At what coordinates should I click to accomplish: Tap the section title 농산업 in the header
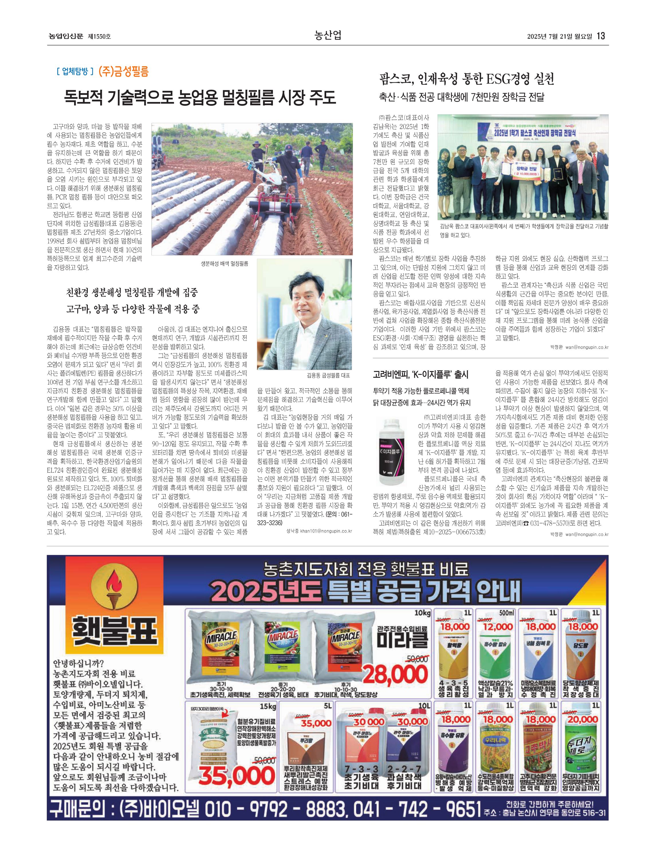click(328, 36)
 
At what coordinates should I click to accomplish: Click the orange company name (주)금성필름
click(124, 71)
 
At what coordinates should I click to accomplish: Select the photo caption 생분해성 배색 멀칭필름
click(224, 264)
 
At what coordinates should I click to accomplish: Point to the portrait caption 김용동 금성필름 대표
click(328, 376)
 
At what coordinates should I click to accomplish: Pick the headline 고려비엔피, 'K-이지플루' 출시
click(421, 375)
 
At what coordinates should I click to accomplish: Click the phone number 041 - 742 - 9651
click(416, 810)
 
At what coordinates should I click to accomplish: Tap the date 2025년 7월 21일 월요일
click(559, 36)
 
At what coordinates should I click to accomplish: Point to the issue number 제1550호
click(99, 36)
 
